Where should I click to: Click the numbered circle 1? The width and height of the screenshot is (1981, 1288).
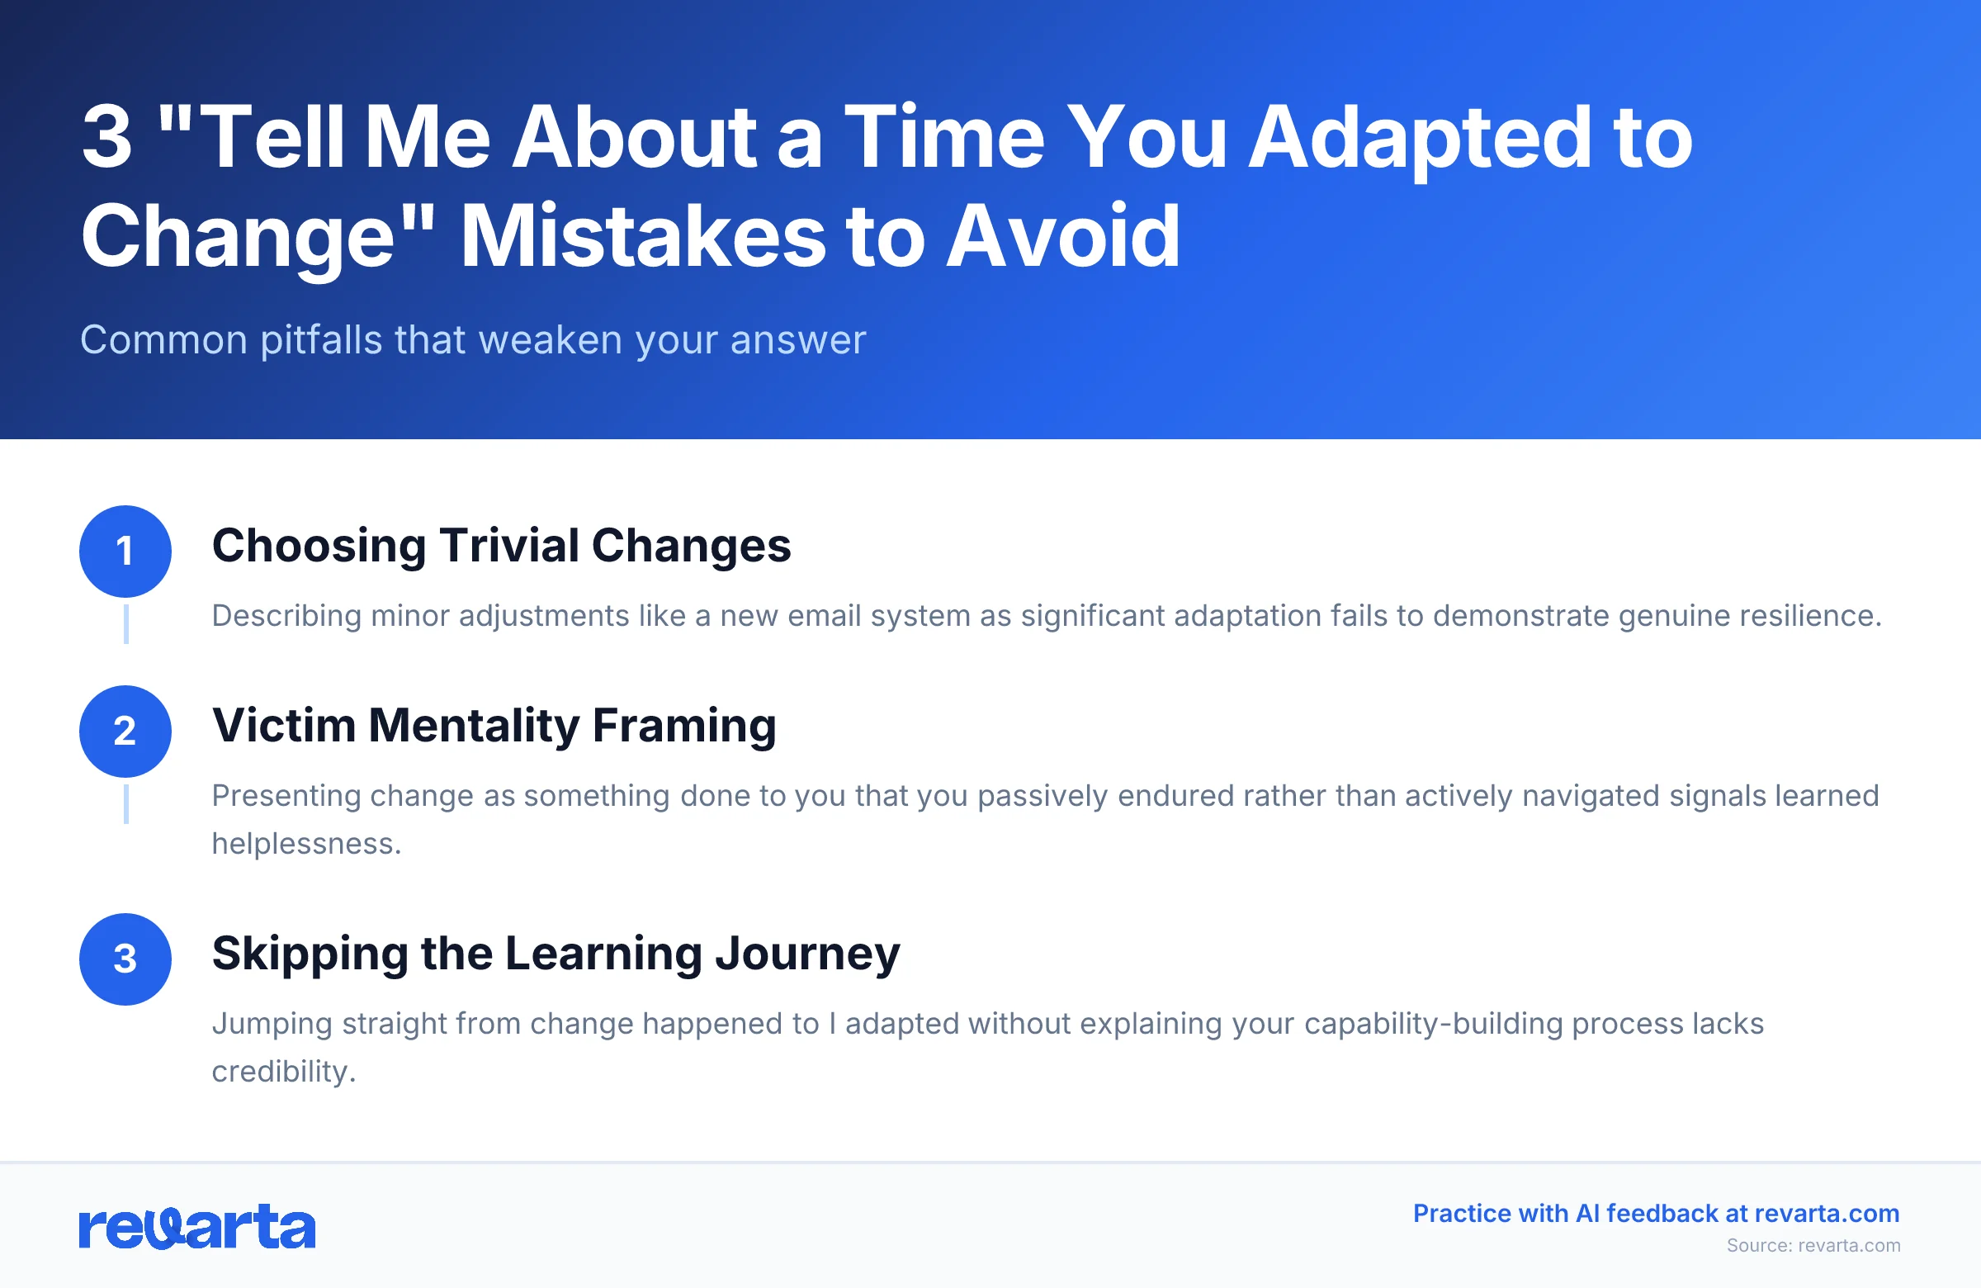click(125, 552)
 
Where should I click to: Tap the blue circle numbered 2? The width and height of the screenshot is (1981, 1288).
click(125, 731)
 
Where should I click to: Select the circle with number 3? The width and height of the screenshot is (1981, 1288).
click(125, 959)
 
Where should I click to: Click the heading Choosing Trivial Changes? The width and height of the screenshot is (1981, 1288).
click(501, 547)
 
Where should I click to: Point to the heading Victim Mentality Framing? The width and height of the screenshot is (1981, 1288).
click(494, 726)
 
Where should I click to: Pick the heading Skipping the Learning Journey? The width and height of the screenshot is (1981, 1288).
click(556, 954)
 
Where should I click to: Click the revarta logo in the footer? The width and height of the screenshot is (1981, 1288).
click(197, 1226)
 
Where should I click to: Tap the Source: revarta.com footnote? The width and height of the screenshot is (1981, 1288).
click(1813, 1246)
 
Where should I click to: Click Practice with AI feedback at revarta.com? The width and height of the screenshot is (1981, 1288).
click(1656, 1213)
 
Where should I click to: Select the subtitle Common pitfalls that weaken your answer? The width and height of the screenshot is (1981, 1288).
click(473, 340)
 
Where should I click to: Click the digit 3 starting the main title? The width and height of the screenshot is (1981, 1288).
click(107, 137)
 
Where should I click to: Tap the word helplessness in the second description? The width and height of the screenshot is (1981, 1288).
click(306, 844)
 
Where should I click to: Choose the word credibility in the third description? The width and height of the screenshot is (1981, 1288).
click(283, 1072)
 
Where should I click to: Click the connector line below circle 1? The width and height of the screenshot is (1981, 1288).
click(125, 623)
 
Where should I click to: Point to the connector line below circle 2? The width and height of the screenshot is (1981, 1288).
click(125, 803)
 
